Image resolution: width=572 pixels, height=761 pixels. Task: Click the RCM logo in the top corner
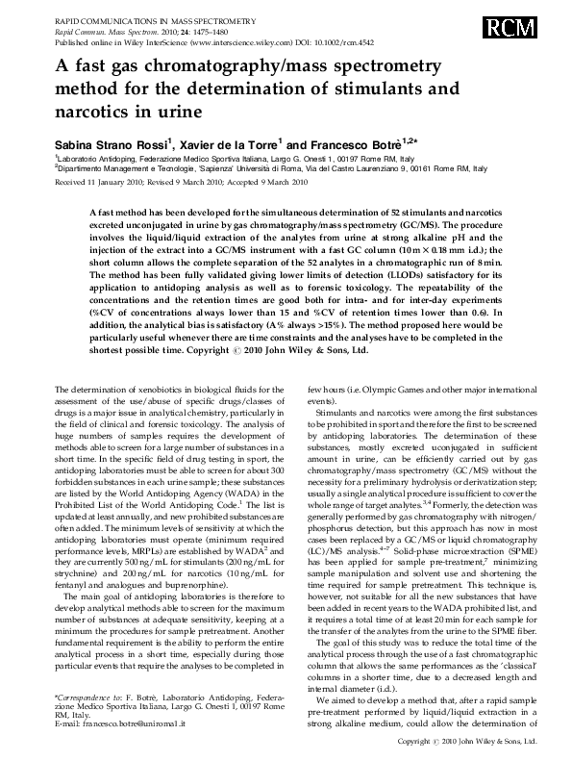[x=526, y=26]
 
